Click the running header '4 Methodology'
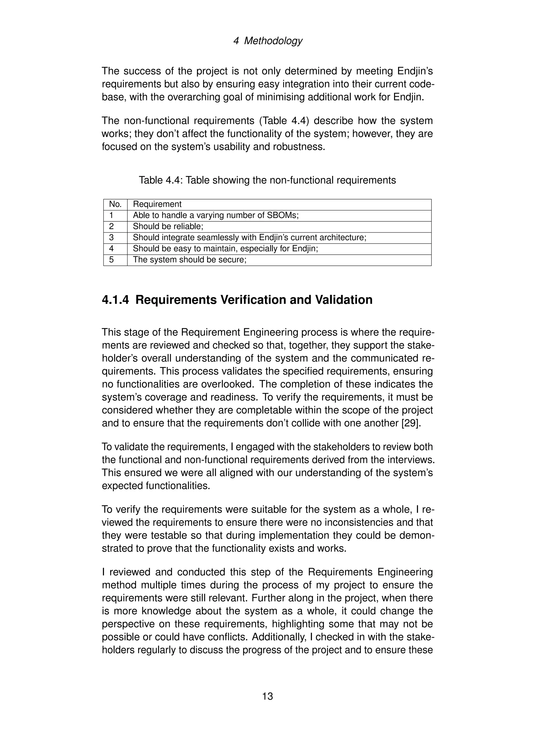click(267, 41)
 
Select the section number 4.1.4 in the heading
click(115, 300)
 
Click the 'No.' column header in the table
click(115, 204)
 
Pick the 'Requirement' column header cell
click(157, 204)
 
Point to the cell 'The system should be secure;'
click(189, 260)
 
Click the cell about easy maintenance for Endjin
click(225, 249)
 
